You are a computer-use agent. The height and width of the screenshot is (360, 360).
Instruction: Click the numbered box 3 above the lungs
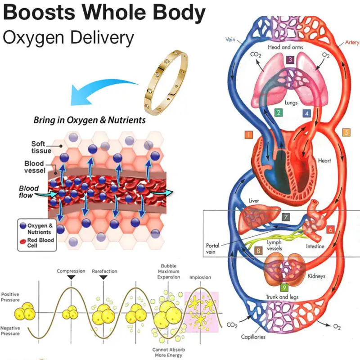coord(290,59)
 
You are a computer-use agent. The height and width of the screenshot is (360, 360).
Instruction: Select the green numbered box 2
coord(279,113)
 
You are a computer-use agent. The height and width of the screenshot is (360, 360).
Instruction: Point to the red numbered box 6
coord(330,229)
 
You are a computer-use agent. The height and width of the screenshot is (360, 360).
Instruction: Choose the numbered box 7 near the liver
coord(286,217)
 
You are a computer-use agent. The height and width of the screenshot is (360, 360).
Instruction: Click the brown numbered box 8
coord(258,251)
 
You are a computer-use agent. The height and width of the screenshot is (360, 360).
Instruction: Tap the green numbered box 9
coord(284,287)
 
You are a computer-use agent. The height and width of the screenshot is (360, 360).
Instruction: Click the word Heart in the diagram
coord(324,161)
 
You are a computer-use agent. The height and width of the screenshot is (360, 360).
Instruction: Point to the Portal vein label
coord(213,249)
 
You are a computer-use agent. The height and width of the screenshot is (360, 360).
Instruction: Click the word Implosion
coord(200,278)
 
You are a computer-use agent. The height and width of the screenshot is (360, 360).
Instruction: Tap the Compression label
coord(71,271)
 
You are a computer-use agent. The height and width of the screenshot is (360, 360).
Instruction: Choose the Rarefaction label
coord(104,271)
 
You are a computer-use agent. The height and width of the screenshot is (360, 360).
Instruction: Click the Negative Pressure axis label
coord(10,331)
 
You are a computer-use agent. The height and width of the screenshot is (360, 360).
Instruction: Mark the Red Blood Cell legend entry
coord(40,243)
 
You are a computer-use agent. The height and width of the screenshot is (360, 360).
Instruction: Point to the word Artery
coord(352,43)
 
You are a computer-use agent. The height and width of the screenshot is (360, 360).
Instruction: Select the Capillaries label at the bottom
coord(252,337)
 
